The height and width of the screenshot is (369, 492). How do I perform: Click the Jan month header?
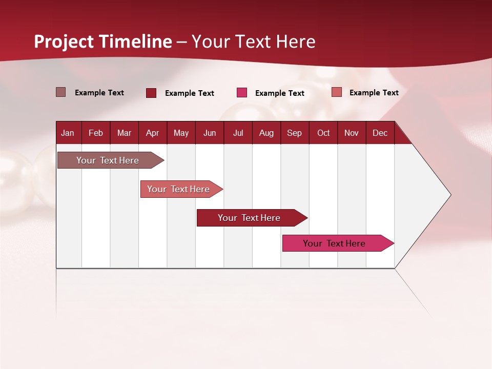(x=68, y=133)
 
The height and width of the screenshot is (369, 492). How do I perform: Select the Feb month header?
(x=96, y=133)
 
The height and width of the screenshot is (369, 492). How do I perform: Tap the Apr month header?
(x=152, y=133)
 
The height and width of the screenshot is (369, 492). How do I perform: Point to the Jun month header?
(x=210, y=133)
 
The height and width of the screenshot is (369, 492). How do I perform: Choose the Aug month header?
(x=266, y=133)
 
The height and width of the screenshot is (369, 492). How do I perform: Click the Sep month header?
(x=294, y=133)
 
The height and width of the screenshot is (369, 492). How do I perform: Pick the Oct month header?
(x=323, y=133)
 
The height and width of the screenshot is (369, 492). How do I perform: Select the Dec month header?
(x=380, y=133)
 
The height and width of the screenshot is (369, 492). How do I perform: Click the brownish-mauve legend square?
(x=60, y=92)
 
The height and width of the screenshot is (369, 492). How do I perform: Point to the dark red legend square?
(x=151, y=93)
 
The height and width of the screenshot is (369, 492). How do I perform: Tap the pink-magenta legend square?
(x=242, y=93)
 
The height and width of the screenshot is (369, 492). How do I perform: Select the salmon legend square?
(x=336, y=92)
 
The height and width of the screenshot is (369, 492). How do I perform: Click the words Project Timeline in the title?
(x=103, y=42)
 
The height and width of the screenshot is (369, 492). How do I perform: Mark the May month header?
(x=181, y=133)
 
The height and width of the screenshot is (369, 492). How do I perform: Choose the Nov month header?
(x=352, y=133)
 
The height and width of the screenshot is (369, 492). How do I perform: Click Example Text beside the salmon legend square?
(x=374, y=93)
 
